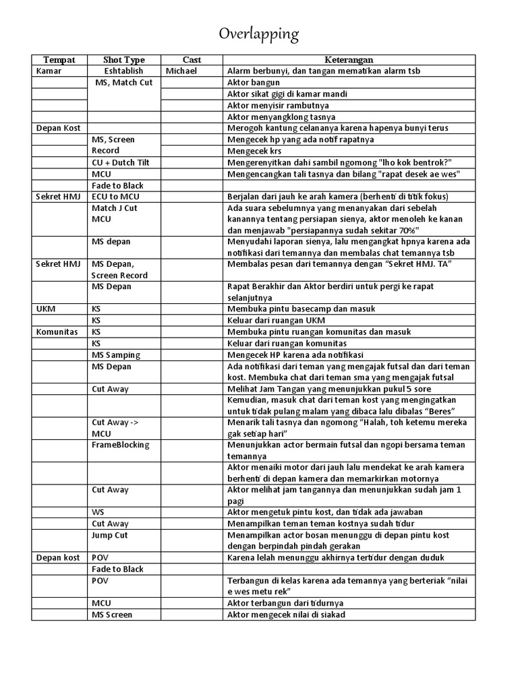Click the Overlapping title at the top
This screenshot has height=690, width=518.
point(259,34)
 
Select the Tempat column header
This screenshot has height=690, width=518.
point(59,60)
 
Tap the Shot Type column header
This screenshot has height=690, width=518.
point(123,60)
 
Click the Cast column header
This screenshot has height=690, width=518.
point(192,60)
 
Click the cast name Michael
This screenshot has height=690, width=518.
point(181,71)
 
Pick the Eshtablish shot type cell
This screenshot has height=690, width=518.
point(123,71)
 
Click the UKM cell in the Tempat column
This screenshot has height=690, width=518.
point(46,309)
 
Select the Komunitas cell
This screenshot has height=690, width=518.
point(57,332)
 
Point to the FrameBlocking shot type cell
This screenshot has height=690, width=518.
point(121,445)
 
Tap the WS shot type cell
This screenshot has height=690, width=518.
point(98,512)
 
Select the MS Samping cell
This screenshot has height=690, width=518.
point(115,354)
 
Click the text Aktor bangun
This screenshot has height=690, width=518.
point(253,83)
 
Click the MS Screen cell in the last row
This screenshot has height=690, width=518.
point(112,615)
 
